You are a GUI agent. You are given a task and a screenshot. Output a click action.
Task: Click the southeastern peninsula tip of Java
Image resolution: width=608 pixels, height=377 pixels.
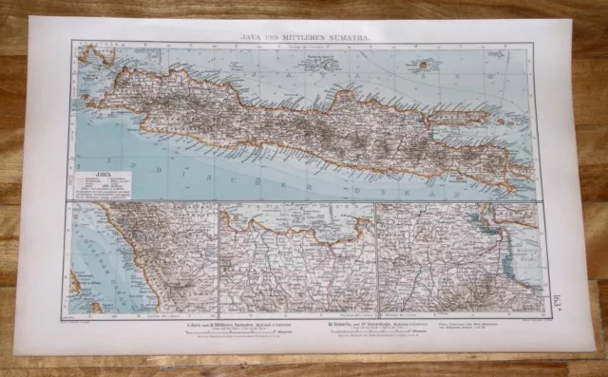pyautogui.click(x=520, y=186)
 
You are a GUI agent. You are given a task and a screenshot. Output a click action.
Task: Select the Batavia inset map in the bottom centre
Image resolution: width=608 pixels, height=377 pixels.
pyautogui.click(x=296, y=257)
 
